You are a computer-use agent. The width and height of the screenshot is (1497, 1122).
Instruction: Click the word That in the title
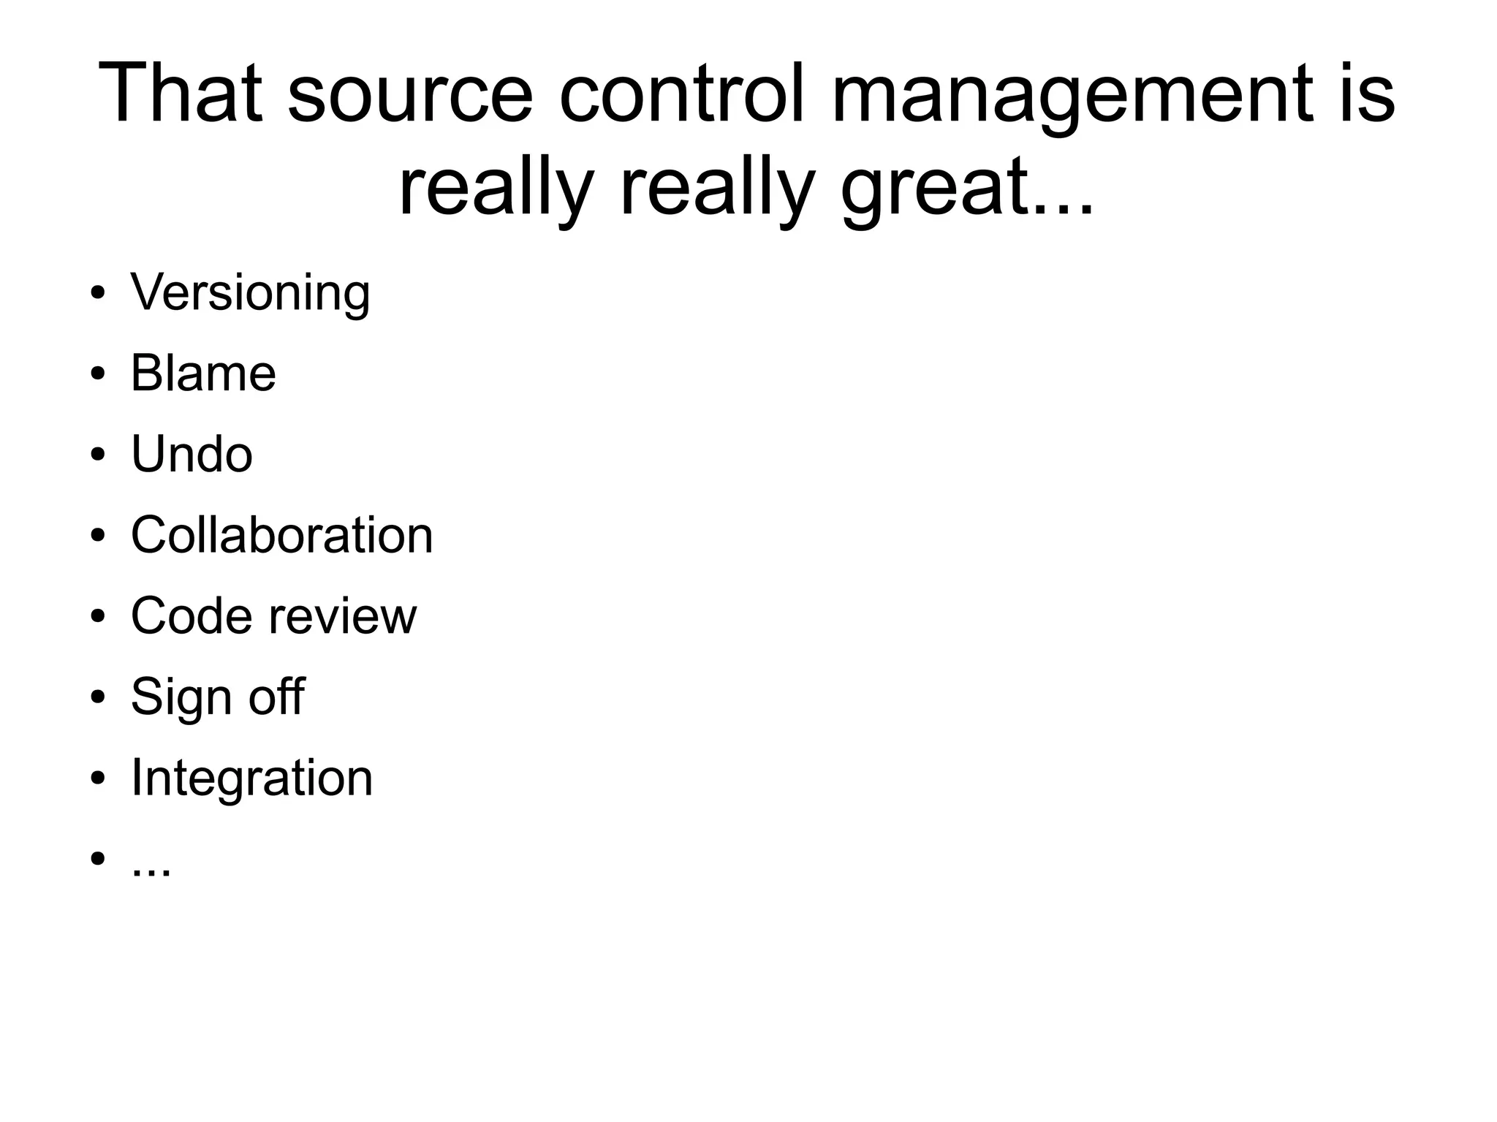[x=180, y=94]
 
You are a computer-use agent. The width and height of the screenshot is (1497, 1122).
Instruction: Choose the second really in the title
[x=717, y=189]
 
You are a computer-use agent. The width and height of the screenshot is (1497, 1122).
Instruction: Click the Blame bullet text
[x=203, y=374]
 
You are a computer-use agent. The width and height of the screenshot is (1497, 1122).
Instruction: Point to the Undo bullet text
[x=192, y=454]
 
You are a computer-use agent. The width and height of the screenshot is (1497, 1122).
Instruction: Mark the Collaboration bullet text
[x=282, y=535]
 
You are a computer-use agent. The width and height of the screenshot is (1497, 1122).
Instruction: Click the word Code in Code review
[x=191, y=615]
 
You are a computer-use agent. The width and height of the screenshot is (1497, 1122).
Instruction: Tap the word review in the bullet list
[x=343, y=617]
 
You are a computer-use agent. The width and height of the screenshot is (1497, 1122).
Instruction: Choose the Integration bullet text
[x=251, y=778]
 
